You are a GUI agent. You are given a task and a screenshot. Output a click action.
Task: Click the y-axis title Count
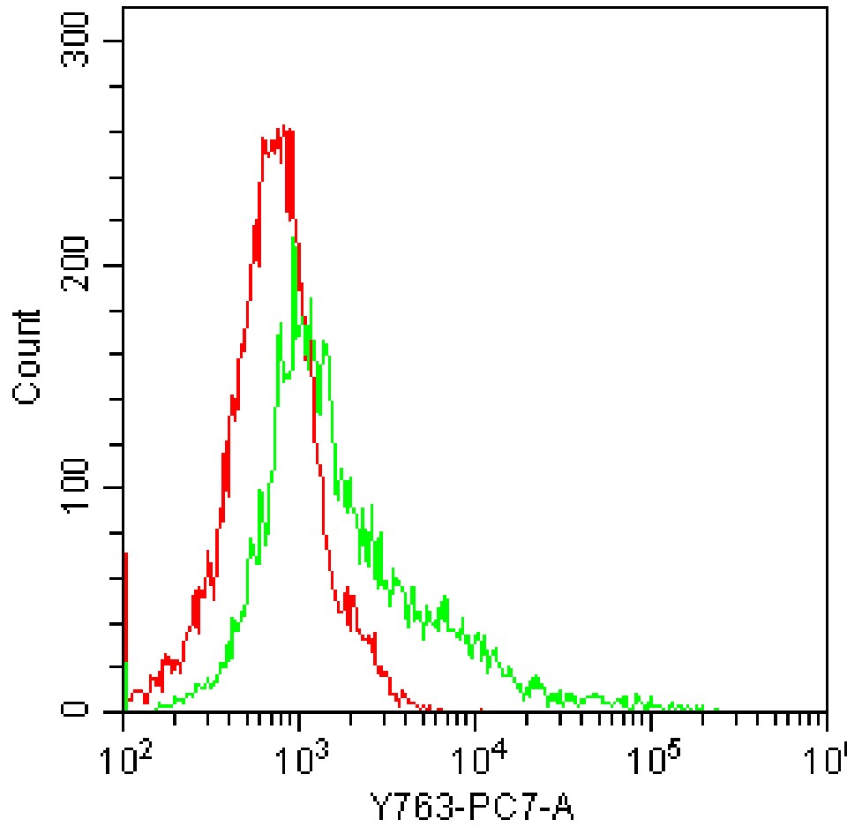tap(29, 357)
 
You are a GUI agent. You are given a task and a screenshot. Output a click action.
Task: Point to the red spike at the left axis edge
tap(126, 556)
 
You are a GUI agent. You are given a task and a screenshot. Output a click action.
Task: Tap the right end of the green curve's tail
tap(716, 709)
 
